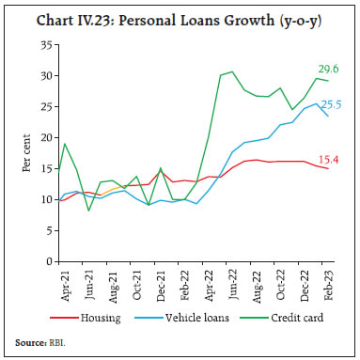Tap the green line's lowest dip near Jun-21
coord(88,210)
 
